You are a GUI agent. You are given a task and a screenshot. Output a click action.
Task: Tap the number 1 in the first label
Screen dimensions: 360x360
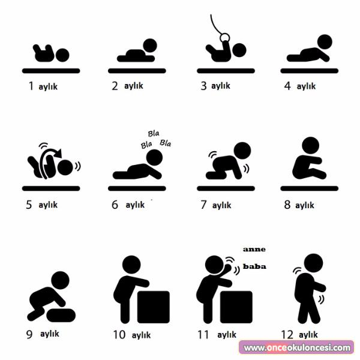[x=31, y=86]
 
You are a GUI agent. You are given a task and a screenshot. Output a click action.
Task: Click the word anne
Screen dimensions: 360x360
[x=254, y=250]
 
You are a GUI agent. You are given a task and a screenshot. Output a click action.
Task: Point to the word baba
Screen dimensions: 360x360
[x=254, y=266]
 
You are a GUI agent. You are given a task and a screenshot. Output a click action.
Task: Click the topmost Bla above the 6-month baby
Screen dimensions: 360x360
[x=154, y=133]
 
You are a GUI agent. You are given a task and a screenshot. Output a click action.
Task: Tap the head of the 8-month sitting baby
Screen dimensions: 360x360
[x=310, y=146]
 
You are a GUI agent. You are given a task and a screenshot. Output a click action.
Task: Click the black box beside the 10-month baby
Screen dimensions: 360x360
[x=154, y=307]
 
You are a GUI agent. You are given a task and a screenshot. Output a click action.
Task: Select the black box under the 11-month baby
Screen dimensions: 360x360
[x=236, y=307]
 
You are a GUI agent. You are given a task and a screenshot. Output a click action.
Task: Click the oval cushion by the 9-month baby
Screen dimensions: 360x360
[x=61, y=315]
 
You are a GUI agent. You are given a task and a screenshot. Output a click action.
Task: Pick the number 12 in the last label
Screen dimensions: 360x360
[x=287, y=335]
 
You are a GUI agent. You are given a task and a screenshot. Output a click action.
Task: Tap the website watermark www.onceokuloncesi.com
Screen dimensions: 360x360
[x=297, y=347]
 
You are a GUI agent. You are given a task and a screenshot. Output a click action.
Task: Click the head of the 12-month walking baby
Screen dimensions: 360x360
[x=313, y=263]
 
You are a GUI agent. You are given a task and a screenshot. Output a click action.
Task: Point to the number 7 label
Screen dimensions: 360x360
[x=203, y=205]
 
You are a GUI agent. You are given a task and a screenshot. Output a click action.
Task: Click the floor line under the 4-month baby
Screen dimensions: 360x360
[x=309, y=71]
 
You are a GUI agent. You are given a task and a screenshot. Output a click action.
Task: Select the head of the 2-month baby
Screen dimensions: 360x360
[x=150, y=46]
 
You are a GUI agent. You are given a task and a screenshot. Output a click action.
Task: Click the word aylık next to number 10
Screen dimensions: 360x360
[x=141, y=335]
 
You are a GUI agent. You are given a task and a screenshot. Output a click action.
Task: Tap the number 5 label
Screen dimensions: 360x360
[x=29, y=205]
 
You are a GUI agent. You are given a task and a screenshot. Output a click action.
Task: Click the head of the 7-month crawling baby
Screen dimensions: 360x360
[x=242, y=151]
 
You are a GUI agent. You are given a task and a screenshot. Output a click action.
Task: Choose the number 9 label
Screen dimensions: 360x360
[x=29, y=335]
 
